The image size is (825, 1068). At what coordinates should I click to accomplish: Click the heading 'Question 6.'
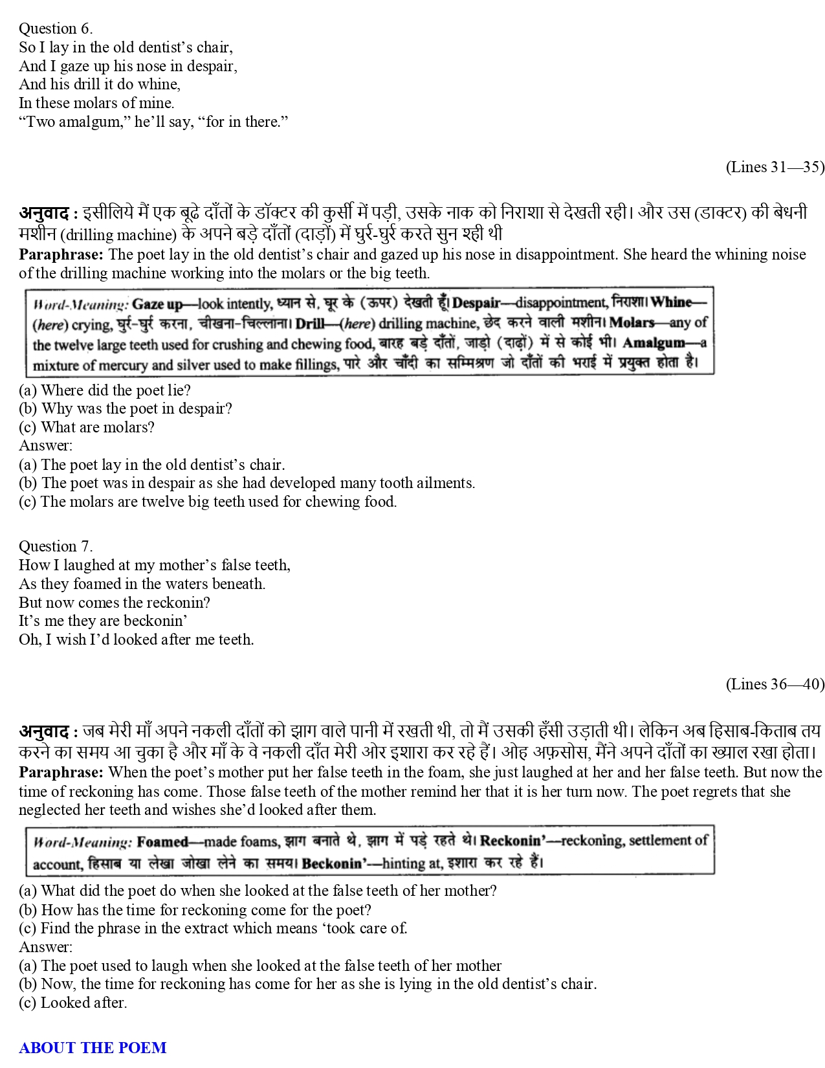(56, 28)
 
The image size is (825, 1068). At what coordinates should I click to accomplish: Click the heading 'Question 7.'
(56, 546)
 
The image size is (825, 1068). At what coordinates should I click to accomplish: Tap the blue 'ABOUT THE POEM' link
(93, 1047)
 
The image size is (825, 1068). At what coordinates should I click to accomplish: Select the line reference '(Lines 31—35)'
(775, 167)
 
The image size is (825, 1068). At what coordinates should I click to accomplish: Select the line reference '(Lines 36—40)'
(775, 684)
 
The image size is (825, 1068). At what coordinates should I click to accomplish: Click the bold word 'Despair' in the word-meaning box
(476, 302)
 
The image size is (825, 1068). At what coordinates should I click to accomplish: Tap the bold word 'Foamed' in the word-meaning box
(162, 841)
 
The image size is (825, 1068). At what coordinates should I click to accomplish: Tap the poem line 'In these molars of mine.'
(96, 103)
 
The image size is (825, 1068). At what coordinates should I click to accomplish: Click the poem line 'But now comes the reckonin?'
(115, 603)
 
